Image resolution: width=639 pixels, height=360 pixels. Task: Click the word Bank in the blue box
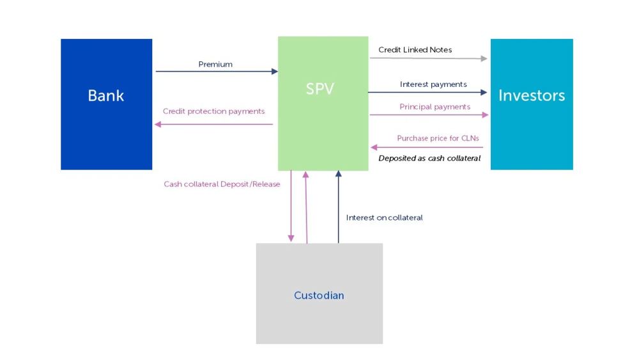click(106, 95)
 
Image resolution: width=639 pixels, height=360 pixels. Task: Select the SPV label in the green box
click(320, 88)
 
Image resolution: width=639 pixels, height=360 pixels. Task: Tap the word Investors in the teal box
click(532, 95)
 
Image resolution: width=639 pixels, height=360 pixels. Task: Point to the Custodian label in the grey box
click(319, 295)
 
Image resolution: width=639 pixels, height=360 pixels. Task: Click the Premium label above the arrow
click(215, 64)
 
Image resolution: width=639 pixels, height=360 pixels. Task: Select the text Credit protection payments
click(213, 111)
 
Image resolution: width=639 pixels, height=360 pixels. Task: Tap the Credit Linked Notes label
click(415, 50)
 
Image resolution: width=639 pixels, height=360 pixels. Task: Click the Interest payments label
click(433, 84)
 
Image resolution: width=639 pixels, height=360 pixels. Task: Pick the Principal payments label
click(435, 107)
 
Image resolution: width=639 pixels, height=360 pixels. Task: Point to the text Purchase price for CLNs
click(438, 138)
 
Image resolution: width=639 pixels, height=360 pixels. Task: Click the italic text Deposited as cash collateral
click(429, 158)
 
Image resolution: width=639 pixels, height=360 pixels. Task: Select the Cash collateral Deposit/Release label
click(222, 184)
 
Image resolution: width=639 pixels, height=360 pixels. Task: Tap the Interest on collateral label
click(384, 217)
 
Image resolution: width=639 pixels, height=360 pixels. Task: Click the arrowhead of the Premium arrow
click(275, 72)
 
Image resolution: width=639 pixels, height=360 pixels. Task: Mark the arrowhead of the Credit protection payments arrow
click(158, 124)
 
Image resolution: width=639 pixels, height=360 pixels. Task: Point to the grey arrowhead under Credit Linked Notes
click(484, 59)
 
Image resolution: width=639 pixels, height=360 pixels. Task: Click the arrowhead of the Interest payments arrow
click(484, 92)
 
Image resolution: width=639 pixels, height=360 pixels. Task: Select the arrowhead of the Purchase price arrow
click(374, 147)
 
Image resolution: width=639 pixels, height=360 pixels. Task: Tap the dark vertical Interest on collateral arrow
click(338, 207)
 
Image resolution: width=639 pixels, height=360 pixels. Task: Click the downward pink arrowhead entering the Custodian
click(291, 239)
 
